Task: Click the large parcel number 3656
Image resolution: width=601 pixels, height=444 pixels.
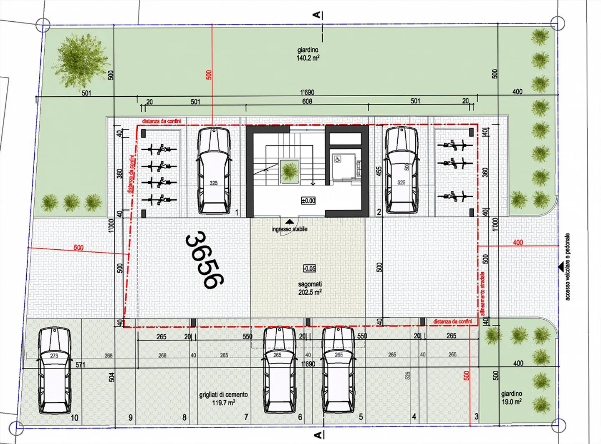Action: click(205, 261)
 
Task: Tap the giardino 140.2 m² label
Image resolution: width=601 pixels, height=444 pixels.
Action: click(308, 54)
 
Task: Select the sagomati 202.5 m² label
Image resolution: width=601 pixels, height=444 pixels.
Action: click(310, 288)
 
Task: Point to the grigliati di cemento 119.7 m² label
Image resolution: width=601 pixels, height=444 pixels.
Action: click(223, 399)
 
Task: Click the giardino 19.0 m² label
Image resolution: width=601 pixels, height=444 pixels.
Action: click(511, 398)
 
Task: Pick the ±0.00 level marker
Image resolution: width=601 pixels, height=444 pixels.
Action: click(308, 201)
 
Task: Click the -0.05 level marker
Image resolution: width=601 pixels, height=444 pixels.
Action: click(309, 268)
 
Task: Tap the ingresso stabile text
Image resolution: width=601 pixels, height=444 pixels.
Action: click(289, 229)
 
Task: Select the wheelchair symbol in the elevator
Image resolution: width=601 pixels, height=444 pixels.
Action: click(338, 159)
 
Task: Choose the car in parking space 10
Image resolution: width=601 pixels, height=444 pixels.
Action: click(54, 370)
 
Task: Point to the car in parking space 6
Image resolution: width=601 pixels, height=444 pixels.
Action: click(279, 369)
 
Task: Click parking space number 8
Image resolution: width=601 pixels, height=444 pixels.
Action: click(184, 417)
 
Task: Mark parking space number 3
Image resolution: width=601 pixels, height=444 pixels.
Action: click(476, 416)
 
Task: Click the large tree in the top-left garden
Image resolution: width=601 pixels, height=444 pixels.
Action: click(81, 60)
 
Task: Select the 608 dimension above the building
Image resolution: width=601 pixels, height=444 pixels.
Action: click(307, 101)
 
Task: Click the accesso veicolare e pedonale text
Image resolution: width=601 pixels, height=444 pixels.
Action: click(568, 266)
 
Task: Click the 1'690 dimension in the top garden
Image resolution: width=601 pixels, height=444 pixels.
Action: click(307, 92)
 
